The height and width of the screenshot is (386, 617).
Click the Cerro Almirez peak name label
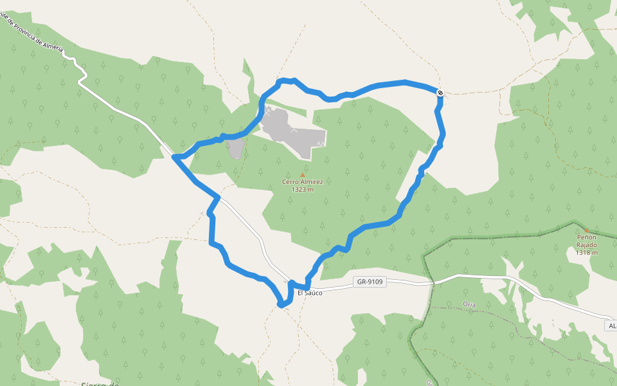[302, 181]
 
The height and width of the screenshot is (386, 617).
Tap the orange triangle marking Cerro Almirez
[303, 174]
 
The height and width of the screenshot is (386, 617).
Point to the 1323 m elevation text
[302, 189]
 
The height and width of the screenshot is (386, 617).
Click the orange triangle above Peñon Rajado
[586, 230]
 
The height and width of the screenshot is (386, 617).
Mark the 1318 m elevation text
[586, 252]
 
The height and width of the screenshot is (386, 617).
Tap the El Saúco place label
[310, 293]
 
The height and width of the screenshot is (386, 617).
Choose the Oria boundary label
[469, 304]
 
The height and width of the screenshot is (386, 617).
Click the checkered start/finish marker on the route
[440, 93]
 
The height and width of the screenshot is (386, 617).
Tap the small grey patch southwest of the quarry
[236, 147]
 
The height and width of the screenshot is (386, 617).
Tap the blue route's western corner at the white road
[175, 157]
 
